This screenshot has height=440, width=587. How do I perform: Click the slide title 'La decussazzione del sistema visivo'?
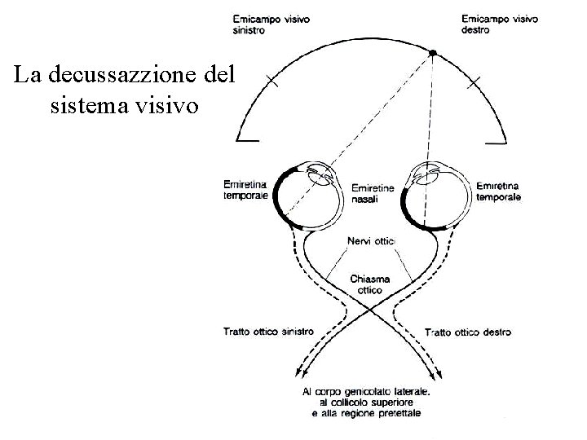(x=124, y=90)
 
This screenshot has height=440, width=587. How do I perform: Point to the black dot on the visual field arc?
(x=434, y=53)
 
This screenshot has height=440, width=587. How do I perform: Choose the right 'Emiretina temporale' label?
(x=498, y=191)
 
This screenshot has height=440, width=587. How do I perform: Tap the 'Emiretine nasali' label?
(x=372, y=193)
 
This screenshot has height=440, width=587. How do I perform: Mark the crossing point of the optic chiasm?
(x=371, y=310)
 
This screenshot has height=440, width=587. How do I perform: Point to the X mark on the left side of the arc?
(x=271, y=82)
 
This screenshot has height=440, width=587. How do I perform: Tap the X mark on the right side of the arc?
(x=474, y=82)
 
